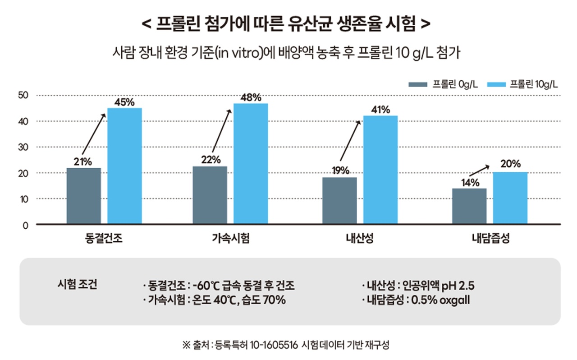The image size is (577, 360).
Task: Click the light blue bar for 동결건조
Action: (x=124, y=166)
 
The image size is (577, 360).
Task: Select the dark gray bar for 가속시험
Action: (x=210, y=195)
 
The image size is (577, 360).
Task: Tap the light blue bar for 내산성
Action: (x=380, y=170)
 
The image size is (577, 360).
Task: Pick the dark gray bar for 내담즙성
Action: (x=469, y=206)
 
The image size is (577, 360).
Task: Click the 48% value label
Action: (x=251, y=97)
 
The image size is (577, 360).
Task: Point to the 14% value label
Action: (x=469, y=182)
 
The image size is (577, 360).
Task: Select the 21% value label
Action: (x=83, y=161)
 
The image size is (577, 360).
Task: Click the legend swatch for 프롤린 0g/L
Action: (x=417, y=84)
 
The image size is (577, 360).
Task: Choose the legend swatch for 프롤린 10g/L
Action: (x=495, y=84)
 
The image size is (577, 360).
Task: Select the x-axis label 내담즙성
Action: (x=490, y=239)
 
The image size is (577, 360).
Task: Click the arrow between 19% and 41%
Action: (x=351, y=143)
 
